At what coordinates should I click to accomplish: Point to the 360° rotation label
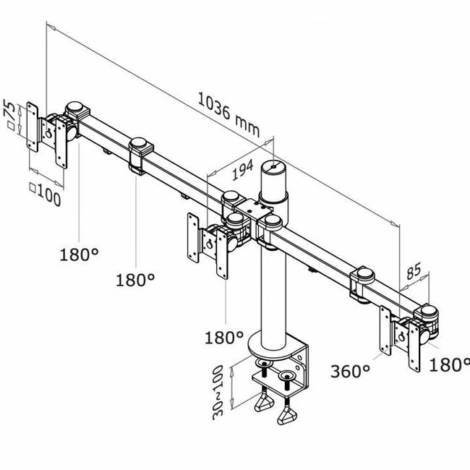[351, 372]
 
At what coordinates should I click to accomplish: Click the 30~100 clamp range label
[219, 393]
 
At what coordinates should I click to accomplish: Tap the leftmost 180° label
[79, 255]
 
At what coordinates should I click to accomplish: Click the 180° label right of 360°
[449, 365]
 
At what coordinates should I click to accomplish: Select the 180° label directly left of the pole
[223, 337]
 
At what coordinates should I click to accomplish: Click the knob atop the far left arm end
[74, 109]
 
